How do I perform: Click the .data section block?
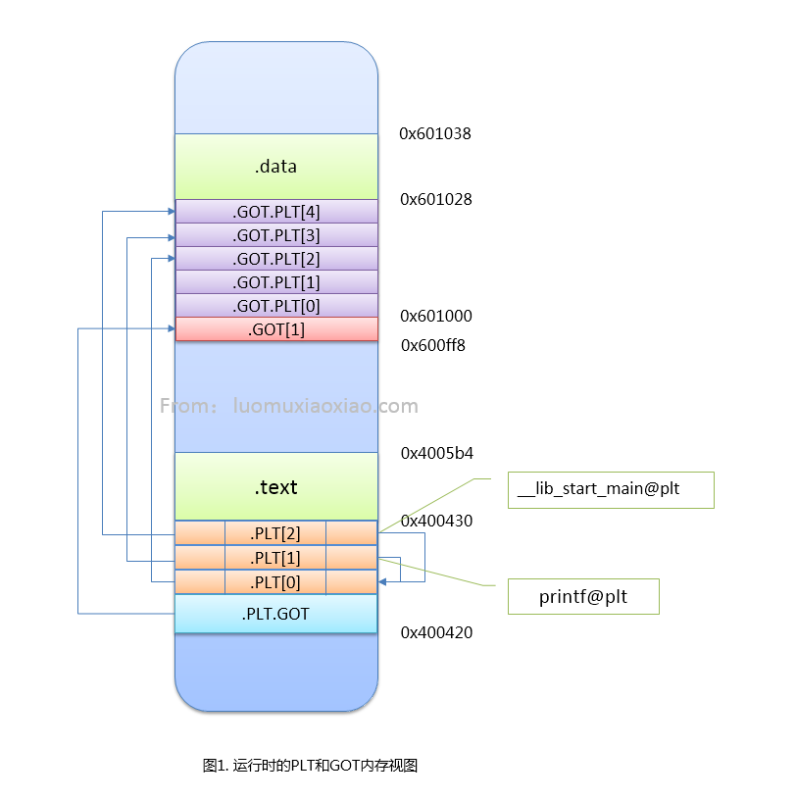[275, 167]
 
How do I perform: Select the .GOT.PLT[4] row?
[275, 211]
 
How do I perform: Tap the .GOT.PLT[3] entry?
[275, 235]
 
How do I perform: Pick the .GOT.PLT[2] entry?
[275, 259]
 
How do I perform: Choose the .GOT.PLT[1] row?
[275, 282]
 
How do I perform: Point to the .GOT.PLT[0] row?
[275, 306]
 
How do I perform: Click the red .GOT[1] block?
[275, 329]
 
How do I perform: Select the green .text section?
[275, 486]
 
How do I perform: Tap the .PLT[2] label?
[275, 533]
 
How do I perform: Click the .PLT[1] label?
[275, 558]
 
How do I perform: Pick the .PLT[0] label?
[275, 582]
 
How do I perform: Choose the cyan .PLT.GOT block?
[275, 614]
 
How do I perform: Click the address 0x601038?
[435, 133]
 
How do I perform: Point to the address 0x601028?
[436, 199]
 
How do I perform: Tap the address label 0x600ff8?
[433, 345]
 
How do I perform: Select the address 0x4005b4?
[436, 454]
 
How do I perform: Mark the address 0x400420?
[436, 632]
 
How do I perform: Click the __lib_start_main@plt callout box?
[611, 490]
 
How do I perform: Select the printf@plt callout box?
[582, 597]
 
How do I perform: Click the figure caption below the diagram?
[310, 766]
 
